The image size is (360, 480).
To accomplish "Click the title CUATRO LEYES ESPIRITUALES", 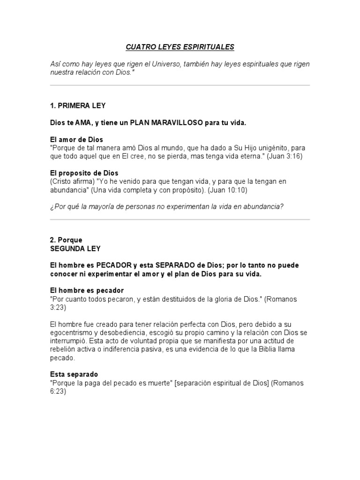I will pyautogui.click(x=180, y=47).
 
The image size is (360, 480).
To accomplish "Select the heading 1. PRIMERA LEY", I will pyautogui.click(x=81, y=106).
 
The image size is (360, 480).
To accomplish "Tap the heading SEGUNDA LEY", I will pyautogui.click(x=75, y=248).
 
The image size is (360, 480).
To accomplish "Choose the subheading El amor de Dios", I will pyautogui.click(x=76, y=140).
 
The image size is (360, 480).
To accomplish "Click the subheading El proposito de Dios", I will pyautogui.click(x=84, y=173).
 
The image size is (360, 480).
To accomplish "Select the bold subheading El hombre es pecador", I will pyautogui.click(x=87, y=291).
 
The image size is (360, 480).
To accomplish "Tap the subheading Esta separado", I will pyautogui.click(x=74, y=375).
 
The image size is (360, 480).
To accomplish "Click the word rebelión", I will pyautogui.click(x=63, y=350).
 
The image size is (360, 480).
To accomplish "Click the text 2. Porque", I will pyautogui.click(x=66, y=240).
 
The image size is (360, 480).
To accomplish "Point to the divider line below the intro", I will pyautogui.click(x=180, y=85).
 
